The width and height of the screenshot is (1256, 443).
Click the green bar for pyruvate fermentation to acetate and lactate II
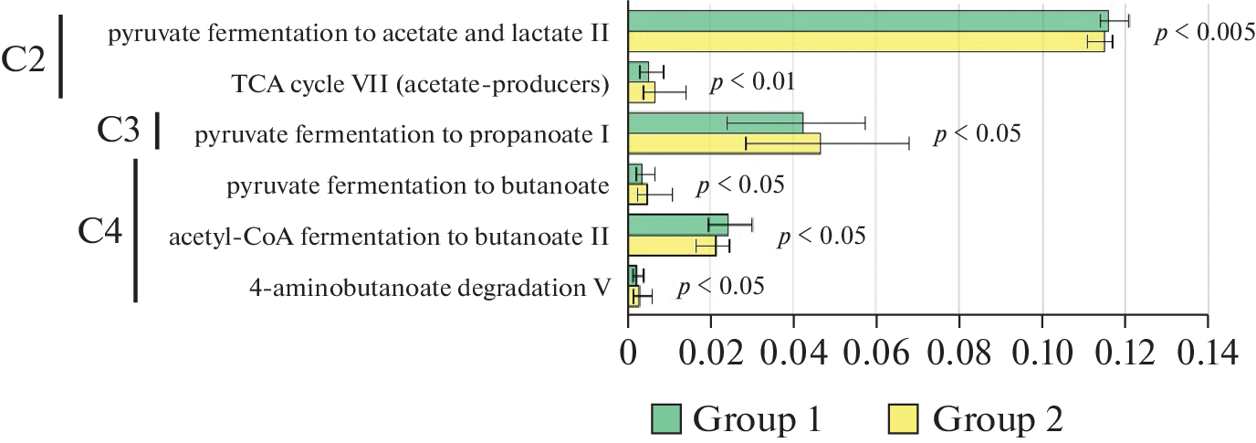click(867, 21)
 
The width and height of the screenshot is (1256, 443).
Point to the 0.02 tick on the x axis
click(711, 350)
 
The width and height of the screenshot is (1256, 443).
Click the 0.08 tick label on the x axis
click(958, 350)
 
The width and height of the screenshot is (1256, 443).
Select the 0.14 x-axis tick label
click(1207, 350)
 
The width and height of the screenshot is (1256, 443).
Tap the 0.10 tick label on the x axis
click(1041, 350)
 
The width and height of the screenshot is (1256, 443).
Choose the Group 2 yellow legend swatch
click(907, 419)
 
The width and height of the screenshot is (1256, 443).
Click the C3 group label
click(119, 132)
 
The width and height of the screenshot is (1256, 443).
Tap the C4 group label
click(100, 230)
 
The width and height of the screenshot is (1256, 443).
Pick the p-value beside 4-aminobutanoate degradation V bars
click(720, 287)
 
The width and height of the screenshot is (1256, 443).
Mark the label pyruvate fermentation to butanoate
click(418, 186)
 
